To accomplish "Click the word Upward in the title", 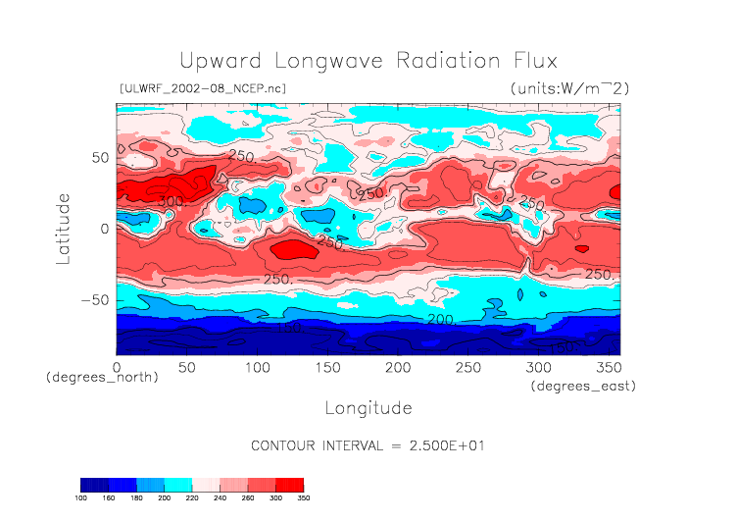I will [x=217, y=60].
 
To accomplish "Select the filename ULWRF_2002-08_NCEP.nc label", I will [x=202, y=88].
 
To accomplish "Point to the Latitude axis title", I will [x=64, y=228].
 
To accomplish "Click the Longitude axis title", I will [x=368, y=407].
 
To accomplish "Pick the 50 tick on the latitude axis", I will [x=100, y=157].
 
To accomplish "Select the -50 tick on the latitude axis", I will [x=94, y=300].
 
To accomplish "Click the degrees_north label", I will [x=102, y=378].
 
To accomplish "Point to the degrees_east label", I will [x=584, y=387].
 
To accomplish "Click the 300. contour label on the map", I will [x=171, y=201].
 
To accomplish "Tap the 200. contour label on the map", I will [x=440, y=320].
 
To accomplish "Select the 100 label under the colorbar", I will [x=81, y=498].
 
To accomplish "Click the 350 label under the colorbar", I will [x=303, y=498].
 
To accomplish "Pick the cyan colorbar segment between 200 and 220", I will [x=177, y=484].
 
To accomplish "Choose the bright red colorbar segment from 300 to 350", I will [x=289, y=484].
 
